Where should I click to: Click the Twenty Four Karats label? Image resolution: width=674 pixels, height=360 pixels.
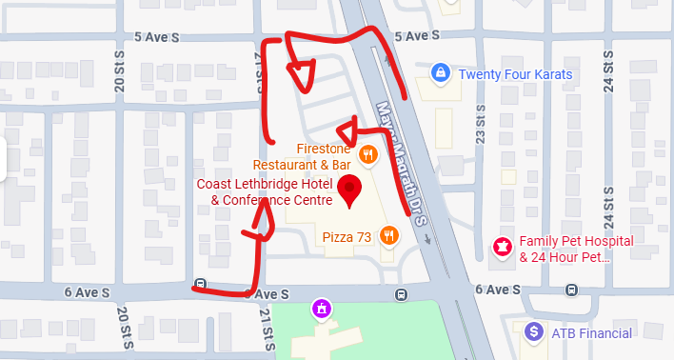pyautogui.click(x=516, y=73)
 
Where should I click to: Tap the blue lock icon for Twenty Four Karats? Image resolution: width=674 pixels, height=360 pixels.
pyautogui.click(x=439, y=72)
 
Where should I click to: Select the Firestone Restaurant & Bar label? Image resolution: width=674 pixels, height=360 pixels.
pyautogui.click(x=322, y=156)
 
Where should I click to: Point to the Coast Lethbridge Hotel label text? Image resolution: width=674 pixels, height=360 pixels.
pyautogui.click(x=264, y=191)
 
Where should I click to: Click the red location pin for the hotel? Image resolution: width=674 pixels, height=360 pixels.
pyautogui.click(x=349, y=190)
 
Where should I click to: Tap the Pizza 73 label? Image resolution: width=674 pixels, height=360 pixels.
pyautogui.click(x=347, y=235)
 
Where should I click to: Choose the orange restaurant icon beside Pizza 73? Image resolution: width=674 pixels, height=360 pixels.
pyautogui.click(x=388, y=235)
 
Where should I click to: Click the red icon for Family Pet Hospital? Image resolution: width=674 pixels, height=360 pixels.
pyautogui.click(x=500, y=248)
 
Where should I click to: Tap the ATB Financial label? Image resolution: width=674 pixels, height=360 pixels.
pyautogui.click(x=591, y=332)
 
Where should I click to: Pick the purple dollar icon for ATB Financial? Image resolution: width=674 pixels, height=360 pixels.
pyautogui.click(x=535, y=331)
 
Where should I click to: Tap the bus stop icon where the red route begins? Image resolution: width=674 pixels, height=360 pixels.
pyautogui.click(x=200, y=284)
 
